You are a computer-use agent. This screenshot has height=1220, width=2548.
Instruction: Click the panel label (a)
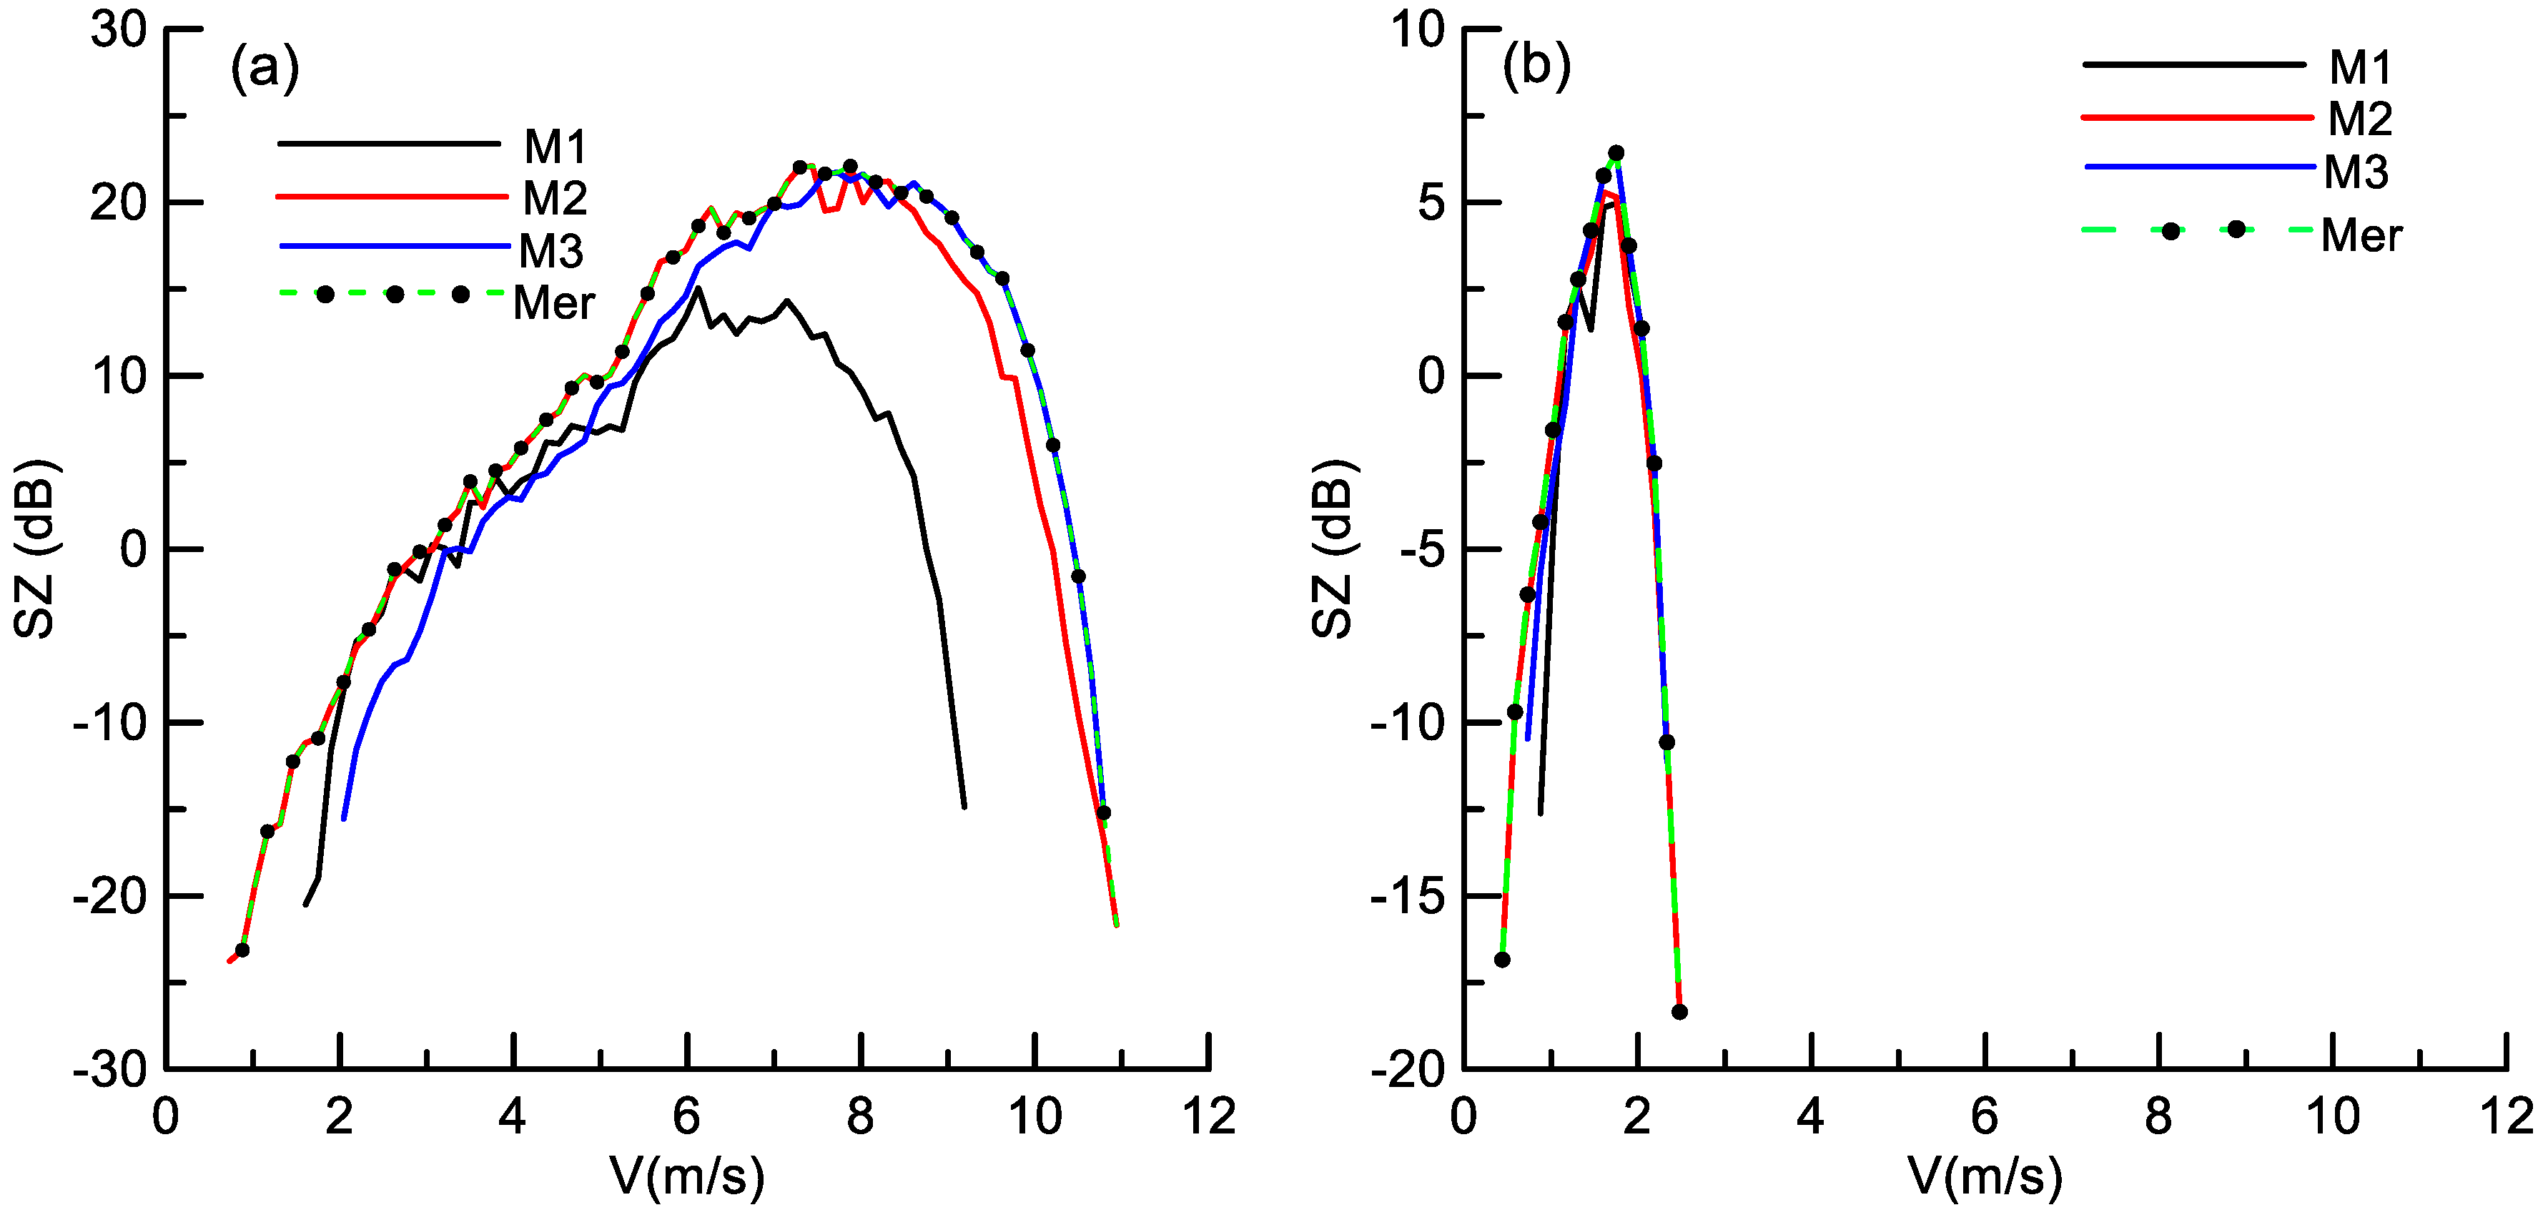click(x=264, y=69)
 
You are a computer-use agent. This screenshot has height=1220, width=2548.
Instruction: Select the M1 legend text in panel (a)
click(x=555, y=147)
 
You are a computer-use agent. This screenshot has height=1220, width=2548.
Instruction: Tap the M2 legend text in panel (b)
click(x=2359, y=119)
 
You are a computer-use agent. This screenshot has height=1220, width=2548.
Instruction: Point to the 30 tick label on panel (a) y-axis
click(x=118, y=30)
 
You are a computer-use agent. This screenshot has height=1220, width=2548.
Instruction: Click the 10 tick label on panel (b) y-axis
click(x=1418, y=30)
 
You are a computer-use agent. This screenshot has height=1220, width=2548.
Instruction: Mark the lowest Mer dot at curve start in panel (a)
click(x=242, y=950)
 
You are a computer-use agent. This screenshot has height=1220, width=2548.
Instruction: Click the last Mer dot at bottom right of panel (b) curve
click(x=1679, y=1011)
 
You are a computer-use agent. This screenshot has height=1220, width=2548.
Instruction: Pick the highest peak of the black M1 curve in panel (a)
click(x=698, y=288)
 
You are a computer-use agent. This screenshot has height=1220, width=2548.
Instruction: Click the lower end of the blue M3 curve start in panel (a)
click(x=343, y=818)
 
